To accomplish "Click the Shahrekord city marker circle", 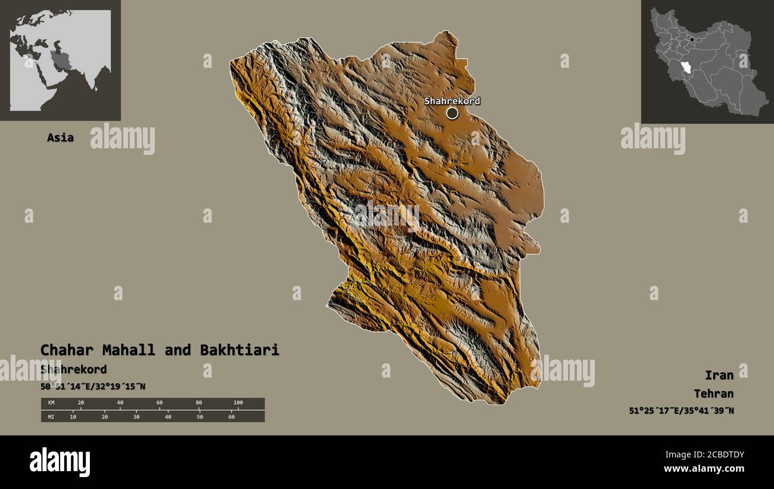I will tap(452, 113).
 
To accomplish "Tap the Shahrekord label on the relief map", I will tap(452, 101).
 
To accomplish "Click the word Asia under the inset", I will tap(61, 138).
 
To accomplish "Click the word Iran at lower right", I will tap(719, 375).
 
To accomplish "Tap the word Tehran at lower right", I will tap(713, 394).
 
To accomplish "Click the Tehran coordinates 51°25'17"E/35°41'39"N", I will tap(681, 410).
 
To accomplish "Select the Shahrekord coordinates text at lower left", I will tap(93, 387).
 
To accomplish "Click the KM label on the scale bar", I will tap(51, 403).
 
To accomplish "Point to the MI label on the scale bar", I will tap(51, 416).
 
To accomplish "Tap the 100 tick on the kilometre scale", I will tap(238, 403).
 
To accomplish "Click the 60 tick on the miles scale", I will tap(231, 416).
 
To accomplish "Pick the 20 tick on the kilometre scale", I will tap(81, 403).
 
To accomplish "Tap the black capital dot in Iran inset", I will tap(692, 39).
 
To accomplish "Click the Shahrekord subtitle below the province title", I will tap(74, 369).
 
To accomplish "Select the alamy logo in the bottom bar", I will tap(60, 462).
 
